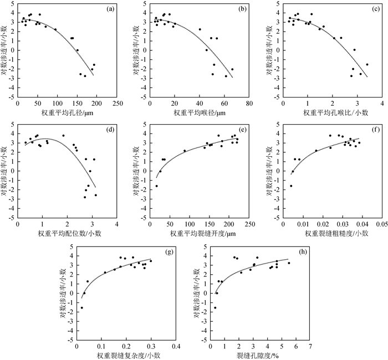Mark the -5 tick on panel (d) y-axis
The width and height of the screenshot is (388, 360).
click(x=12, y=218)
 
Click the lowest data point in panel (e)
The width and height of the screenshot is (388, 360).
click(x=156, y=186)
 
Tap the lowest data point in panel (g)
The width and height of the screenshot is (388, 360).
click(x=81, y=308)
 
